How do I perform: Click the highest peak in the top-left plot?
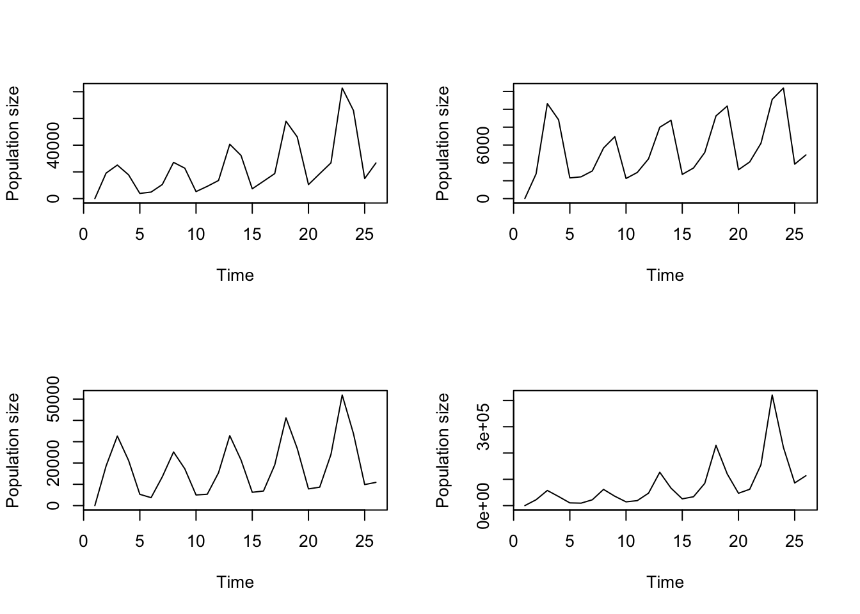click(x=342, y=88)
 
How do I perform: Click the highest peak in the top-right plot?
click(x=783, y=88)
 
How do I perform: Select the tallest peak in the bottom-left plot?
click(x=342, y=395)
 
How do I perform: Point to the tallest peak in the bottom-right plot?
click(x=772, y=395)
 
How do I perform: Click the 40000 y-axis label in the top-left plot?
click(x=54, y=145)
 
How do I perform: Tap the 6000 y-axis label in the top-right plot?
click(x=484, y=145)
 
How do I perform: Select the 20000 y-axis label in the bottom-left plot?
click(x=54, y=463)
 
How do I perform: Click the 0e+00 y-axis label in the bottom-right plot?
click(x=484, y=505)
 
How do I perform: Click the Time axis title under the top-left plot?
click(x=235, y=276)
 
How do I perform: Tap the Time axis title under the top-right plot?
click(x=665, y=276)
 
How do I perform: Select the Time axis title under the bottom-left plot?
click(x=235, y=583)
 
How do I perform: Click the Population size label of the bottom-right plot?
click(x=443, y=450)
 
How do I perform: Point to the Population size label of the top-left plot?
click(x=13, y=143)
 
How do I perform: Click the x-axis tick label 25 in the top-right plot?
click(x=794, y=235)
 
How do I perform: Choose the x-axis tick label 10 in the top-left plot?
click(x=196, y=235)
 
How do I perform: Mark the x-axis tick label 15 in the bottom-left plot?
click(x=252, y=542)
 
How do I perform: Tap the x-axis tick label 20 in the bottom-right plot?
click(x=738, y=542)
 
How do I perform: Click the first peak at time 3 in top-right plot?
click(x=548, y=104)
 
